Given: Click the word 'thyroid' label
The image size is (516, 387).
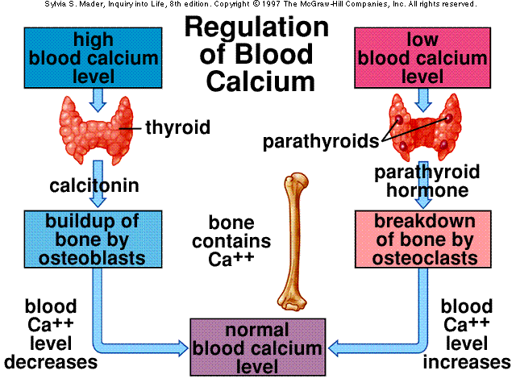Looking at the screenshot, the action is (x=177, y=127).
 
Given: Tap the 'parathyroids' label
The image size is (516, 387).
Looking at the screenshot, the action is (x=321, y=142).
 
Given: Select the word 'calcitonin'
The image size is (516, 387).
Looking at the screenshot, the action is (x=94, y=186).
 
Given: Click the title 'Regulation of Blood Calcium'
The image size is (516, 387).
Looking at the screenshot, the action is (x=257, y=54).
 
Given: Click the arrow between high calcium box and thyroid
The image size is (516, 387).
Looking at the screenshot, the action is (x=98, y=98).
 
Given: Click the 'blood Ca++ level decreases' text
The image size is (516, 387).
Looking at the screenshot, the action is (x=51, y=334).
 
